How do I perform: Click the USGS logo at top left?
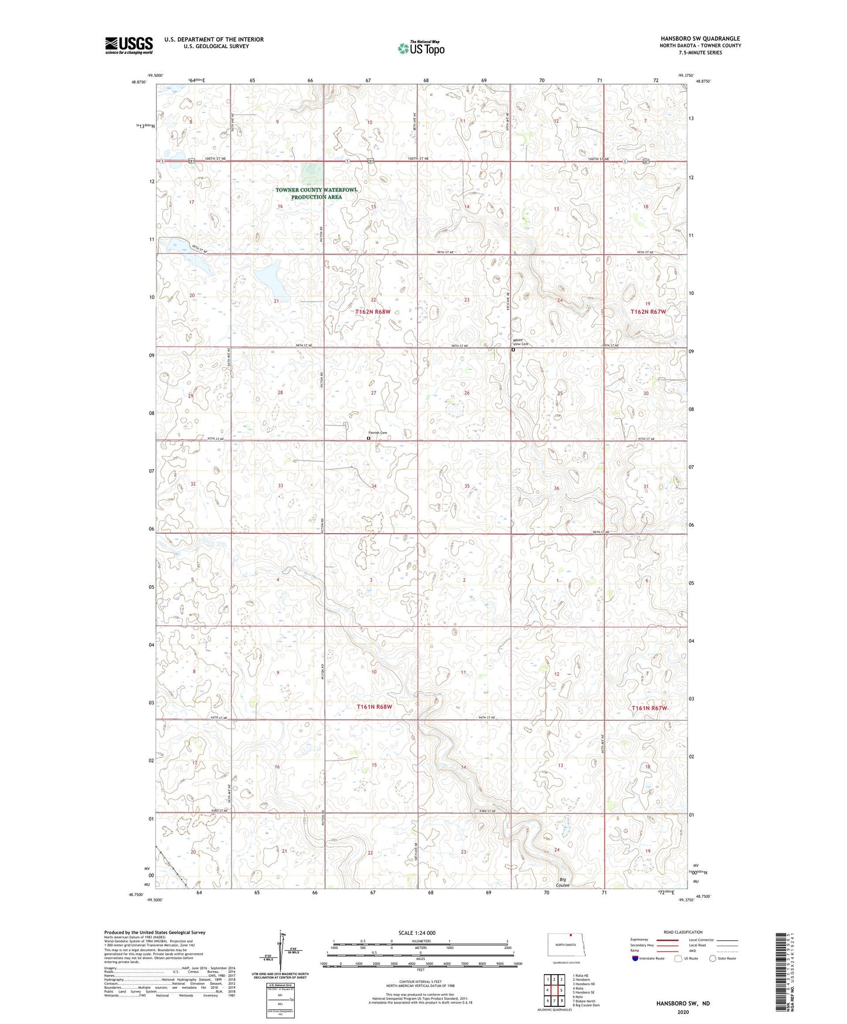pyautogui.click(x=129, y=45)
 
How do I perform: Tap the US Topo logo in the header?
pyautogui.click(x=421, y=48)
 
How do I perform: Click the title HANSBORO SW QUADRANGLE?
pyautogui.click(x=692, y=38)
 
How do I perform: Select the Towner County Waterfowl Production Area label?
pyautogui.click(x=317, y=194)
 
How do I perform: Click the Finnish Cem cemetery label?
pyautogui.click(x=377, y=433)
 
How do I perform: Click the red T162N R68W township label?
pyautogui.click(x=373, y=312)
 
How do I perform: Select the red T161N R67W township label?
pyautogui.click(x=649, y=708)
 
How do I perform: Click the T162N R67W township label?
pyautogui.click(x=648, y=311)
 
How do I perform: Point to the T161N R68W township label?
pyautogui.click(x=374, y=707)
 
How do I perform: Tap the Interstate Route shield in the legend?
pyautogui.click(x=635, y=958)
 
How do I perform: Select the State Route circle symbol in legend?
pyautogui.click(x=713, y=958)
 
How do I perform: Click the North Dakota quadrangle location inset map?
pyautogui.click(x=566, y=945)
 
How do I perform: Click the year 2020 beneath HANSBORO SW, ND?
pyautogui.click(x=682, y=1012)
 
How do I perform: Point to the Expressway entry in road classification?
pyautogui.click(x=639, y=940)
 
